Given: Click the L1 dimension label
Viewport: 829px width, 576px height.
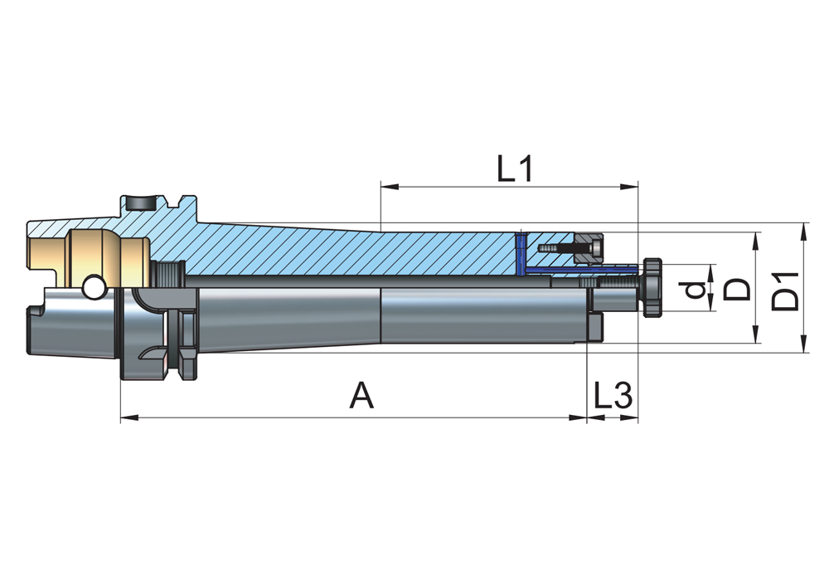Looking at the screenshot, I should (514, 168).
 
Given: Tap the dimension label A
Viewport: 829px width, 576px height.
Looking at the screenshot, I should (361, 396).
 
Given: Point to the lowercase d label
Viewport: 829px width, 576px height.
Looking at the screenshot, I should (698, 290).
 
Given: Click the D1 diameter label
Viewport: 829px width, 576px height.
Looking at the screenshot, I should (786, 290).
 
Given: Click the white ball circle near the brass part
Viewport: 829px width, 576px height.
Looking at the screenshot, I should (93, 287).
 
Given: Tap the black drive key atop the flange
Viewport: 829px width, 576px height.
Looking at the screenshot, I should (140, 200).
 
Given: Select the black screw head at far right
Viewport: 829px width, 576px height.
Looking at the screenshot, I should (653, 287).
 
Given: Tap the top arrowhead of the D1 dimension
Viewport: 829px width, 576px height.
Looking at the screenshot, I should (804, 229).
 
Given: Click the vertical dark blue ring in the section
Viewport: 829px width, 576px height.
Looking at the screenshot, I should (520, 253).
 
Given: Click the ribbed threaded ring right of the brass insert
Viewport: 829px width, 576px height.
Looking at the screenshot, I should (168, 273).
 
